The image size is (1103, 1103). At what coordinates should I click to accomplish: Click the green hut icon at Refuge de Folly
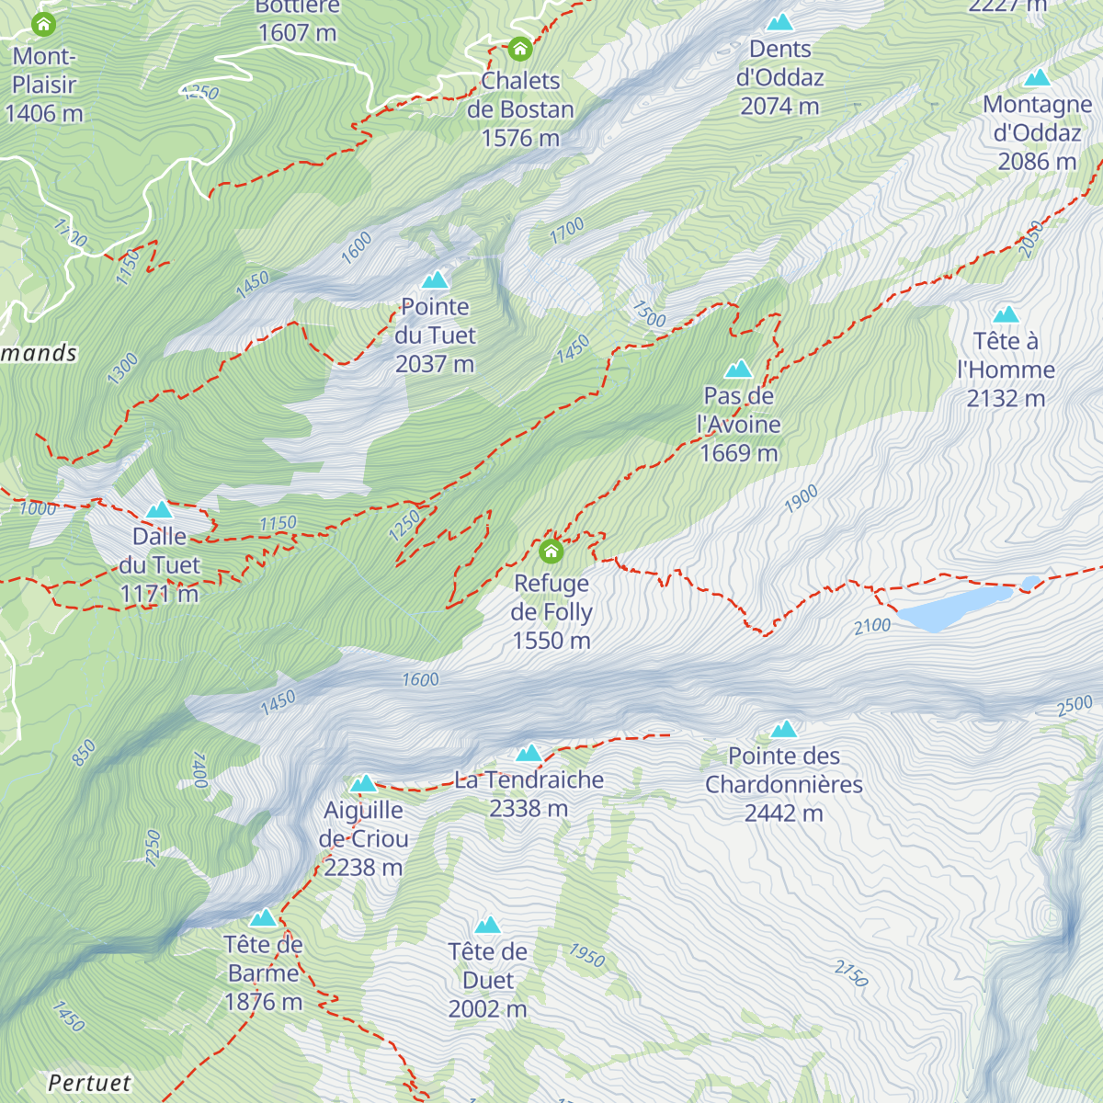tap(551, 551)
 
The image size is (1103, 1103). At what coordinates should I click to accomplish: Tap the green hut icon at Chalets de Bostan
tap(520, 49)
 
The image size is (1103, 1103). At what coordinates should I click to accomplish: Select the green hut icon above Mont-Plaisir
tap(43, 25)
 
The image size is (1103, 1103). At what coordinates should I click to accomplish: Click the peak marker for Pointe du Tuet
tap(435, 279)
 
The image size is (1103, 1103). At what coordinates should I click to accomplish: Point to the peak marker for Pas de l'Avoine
tap(738, 370)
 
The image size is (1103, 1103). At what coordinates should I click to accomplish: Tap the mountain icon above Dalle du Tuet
tap(159, 509)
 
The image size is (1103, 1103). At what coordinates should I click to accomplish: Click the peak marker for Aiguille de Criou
tap(363, 784)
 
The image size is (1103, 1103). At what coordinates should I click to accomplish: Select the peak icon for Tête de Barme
tap(263, 917)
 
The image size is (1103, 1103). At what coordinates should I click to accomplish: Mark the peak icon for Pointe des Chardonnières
tap(783, 729)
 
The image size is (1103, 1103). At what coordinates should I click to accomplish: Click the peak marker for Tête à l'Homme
tap(1006, 314)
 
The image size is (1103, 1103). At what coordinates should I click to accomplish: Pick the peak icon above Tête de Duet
tap(487, 925)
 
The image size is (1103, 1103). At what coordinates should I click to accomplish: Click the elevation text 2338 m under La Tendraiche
tap(529, 809)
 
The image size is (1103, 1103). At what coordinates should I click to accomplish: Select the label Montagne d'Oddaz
tap(1037, 119)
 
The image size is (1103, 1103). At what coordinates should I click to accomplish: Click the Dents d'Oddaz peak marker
tap(779, 22)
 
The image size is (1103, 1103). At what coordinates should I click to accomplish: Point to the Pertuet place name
tap(89, 1083)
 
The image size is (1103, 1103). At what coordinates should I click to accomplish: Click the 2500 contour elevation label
tap(1075, 706)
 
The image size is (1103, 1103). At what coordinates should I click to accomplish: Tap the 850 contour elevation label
tap(84, 754)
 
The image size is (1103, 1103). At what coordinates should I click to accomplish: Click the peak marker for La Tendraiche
tap(529, 754)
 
